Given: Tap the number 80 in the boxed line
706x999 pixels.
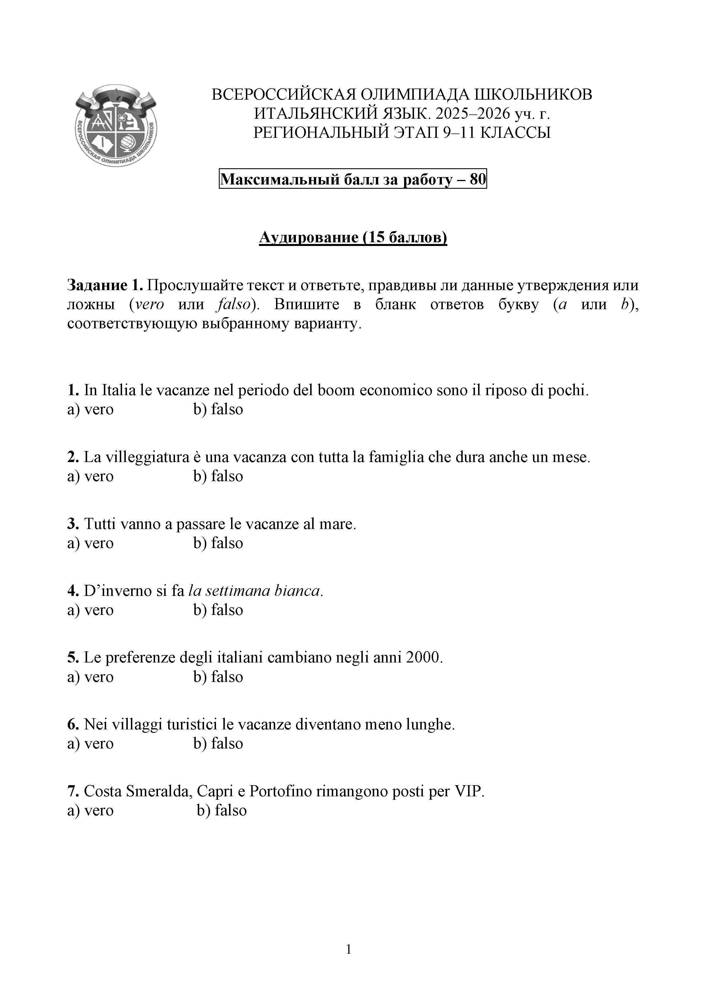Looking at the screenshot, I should (x=477, y=179).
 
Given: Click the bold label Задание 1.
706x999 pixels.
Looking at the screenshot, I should (x=105, y=286).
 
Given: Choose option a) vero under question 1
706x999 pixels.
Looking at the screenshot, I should (x=90, y=409).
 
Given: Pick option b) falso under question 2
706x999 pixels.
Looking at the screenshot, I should (x=218, y=476).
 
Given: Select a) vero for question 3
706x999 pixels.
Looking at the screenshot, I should (x=90, y=543).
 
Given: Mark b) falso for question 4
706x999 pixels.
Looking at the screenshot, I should (x=218, y=610).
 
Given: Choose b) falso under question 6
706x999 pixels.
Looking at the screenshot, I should (x=218, y=744).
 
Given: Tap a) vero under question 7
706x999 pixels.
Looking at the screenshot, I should (x=90, y=811).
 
